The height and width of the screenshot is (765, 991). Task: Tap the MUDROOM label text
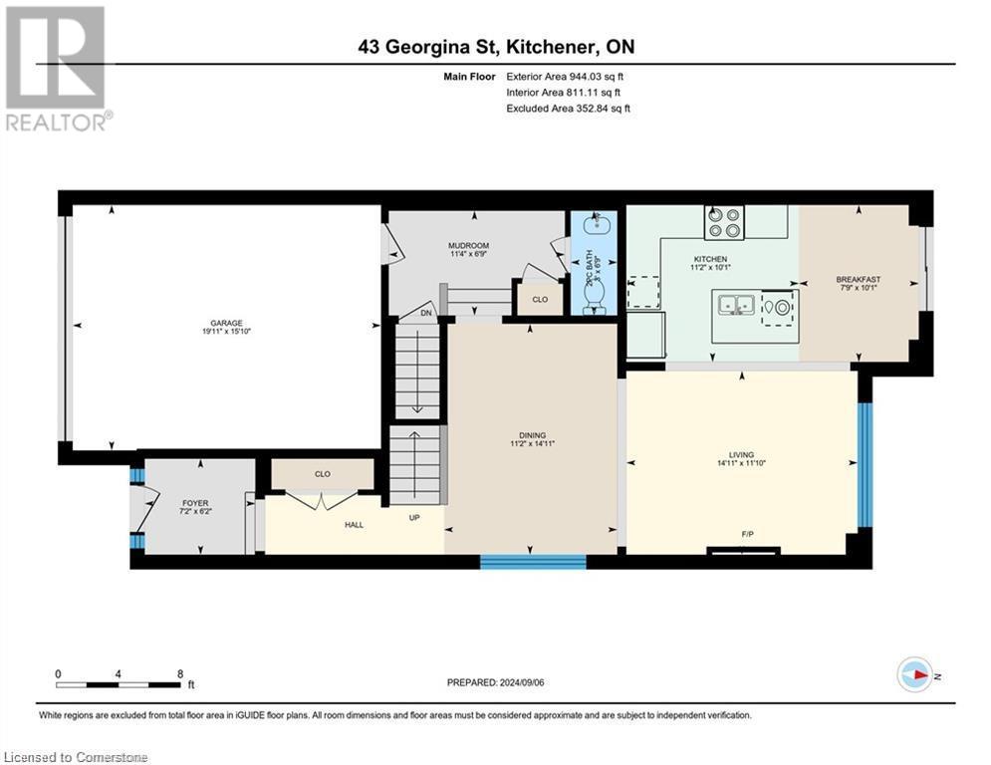pos(468,245)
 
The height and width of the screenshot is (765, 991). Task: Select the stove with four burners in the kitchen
pos(724,222)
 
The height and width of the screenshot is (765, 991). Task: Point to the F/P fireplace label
pos(746,534)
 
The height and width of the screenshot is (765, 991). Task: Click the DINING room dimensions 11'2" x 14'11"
pos(531,444)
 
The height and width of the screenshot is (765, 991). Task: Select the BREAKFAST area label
pos(858,280)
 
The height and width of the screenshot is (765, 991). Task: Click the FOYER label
pos(194,503)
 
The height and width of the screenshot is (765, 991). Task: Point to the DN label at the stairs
pos(426,312)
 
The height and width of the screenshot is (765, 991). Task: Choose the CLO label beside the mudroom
pos(540,298)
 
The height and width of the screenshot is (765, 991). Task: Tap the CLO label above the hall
pos(322,474)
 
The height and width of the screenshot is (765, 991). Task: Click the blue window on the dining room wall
pos(533,562)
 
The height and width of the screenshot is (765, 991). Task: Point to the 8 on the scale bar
pos(178,673)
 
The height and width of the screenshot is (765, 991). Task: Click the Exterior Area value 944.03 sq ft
pos(587,76)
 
